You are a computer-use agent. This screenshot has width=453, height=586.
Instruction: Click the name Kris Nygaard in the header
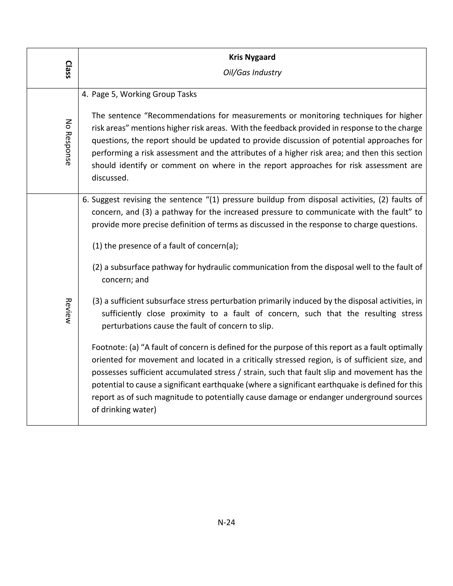click(x=252, y=57)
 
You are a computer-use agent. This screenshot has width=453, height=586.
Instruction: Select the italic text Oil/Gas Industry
click(x=252, y=73)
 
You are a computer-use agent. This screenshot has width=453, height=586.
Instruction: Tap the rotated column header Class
click(x=68, y=69)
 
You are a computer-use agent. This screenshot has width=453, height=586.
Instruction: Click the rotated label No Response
click(x=68, y=142)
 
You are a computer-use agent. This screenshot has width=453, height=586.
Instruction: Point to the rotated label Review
click(x=68, y=311)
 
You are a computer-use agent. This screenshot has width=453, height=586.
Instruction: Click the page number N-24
click(x=226, y=522)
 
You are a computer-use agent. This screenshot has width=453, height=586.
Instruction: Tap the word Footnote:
click(x=109, y=347)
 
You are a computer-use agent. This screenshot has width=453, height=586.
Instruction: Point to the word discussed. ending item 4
click(x=110, y=178)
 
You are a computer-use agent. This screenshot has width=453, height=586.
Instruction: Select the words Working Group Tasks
click(x=158, y=94)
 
